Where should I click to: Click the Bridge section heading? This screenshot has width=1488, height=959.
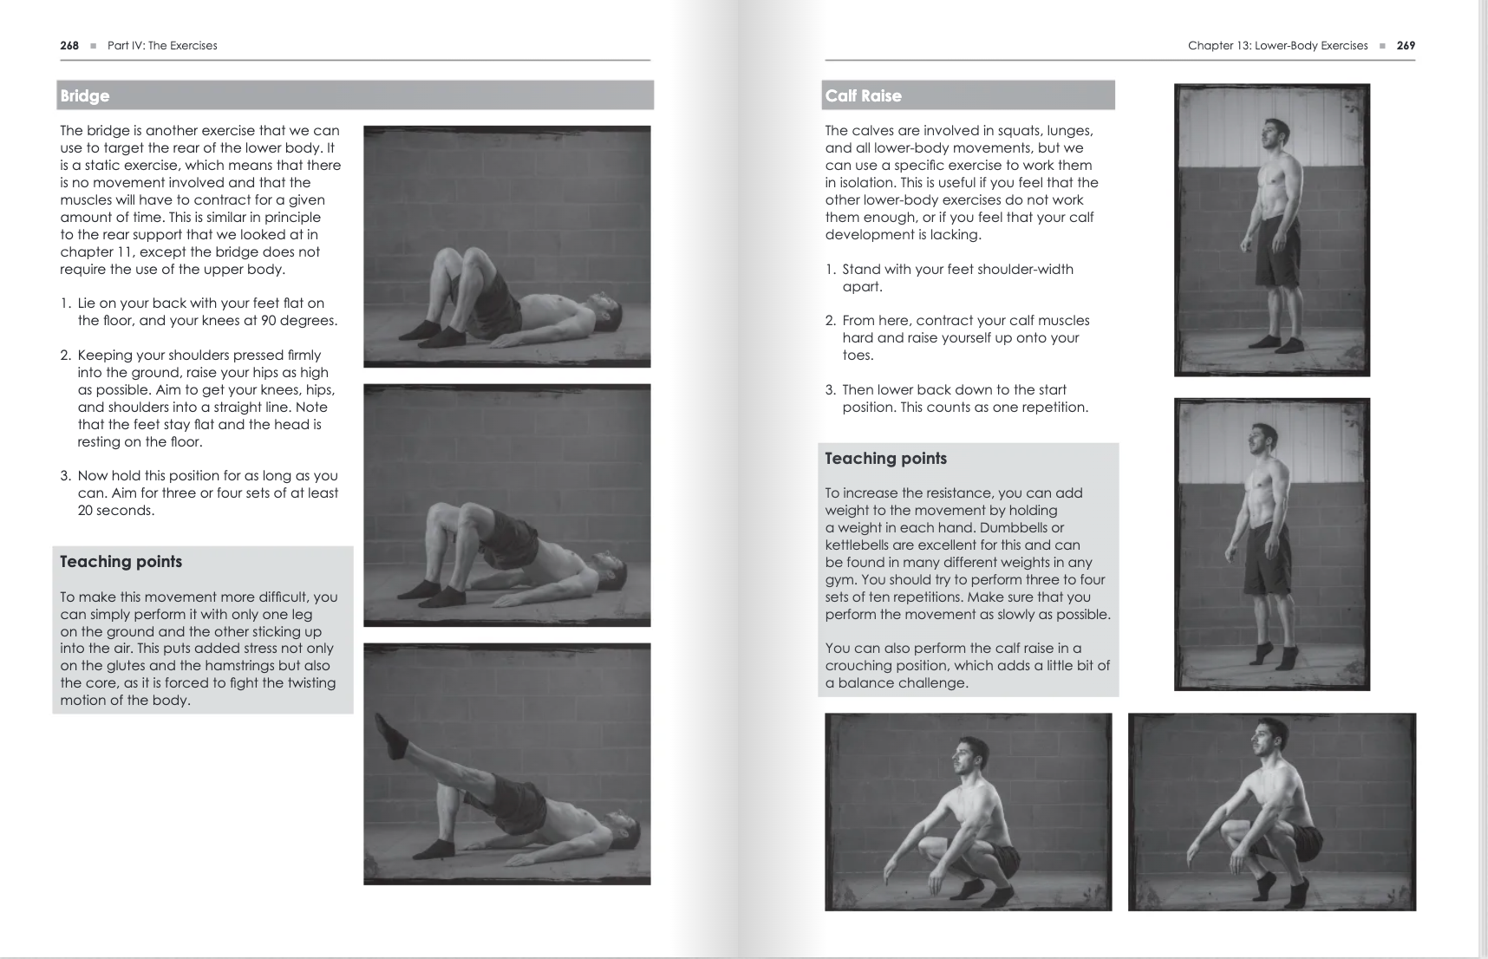[85, 96]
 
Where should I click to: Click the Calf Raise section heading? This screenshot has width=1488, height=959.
[863, 96]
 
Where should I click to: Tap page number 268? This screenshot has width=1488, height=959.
[69, 46]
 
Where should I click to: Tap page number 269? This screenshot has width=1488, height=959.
[1406, 46]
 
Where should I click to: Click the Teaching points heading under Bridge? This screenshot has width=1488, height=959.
[121, 562]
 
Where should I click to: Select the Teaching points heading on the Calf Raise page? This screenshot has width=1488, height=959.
[885, 459]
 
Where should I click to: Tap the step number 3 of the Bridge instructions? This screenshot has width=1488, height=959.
[65, 476]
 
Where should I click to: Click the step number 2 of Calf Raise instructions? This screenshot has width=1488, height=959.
[830, 321]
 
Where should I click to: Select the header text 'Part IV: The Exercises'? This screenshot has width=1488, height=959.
[162, 46]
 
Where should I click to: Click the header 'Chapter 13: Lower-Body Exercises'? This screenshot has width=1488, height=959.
[1277, 46]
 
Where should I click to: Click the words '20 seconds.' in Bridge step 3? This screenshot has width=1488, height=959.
[115, 511]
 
